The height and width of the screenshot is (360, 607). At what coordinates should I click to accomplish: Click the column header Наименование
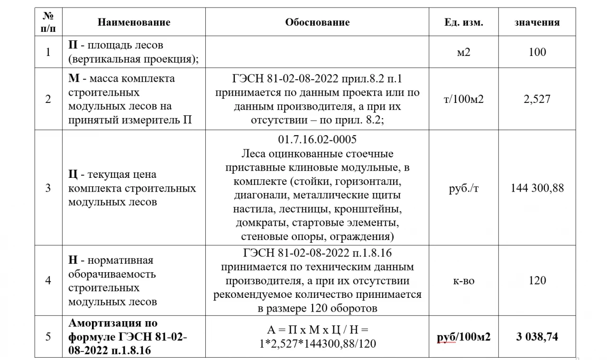point(134,22)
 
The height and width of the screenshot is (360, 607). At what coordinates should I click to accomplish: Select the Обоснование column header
point(317,22)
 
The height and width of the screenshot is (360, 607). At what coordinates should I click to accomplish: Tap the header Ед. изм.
point(463,22)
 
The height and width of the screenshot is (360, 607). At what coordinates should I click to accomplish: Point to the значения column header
point(537,22)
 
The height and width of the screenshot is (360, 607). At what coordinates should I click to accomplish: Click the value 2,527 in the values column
point(537,100)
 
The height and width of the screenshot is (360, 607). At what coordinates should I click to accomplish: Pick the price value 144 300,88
point(537,188)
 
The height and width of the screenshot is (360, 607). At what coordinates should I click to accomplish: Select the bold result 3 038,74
point(537,337)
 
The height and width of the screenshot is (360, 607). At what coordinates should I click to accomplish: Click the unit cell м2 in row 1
point(463,52)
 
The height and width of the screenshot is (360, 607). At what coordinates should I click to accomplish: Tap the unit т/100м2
point(463,100)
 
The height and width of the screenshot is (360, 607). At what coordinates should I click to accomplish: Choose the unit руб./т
point(463,188)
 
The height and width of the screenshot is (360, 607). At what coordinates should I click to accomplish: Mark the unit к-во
point(463,280)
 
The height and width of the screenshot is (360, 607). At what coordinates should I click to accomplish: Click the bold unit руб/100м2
point(463,337)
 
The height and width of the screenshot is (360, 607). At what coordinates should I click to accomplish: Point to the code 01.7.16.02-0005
point(317,140)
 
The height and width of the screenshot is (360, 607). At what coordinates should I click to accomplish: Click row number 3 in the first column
point(48,188)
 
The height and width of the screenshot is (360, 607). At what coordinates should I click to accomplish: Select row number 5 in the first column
point(48,337)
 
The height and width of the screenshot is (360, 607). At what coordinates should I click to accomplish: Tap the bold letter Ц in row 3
point(73,175)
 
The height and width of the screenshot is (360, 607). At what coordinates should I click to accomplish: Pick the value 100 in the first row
point(537,52)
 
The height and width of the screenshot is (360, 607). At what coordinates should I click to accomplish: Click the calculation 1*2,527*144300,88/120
point(317,343)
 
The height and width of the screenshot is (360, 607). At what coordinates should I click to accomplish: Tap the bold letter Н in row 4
point(73,260)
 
